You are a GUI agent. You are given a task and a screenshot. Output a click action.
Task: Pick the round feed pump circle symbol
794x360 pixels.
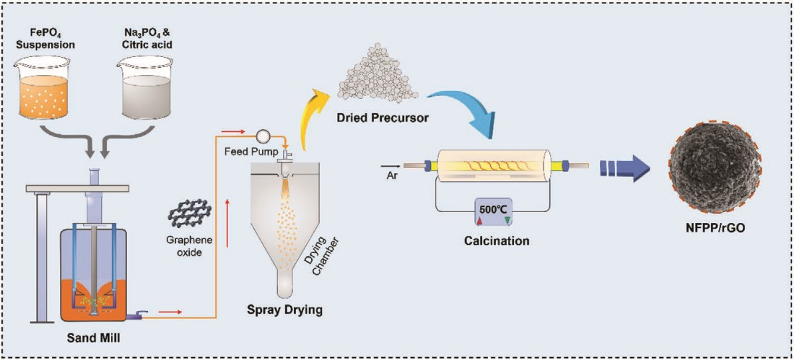click(x=263, y=135)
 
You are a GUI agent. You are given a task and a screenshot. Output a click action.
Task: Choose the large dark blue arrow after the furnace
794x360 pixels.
click(x=626, y=168)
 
